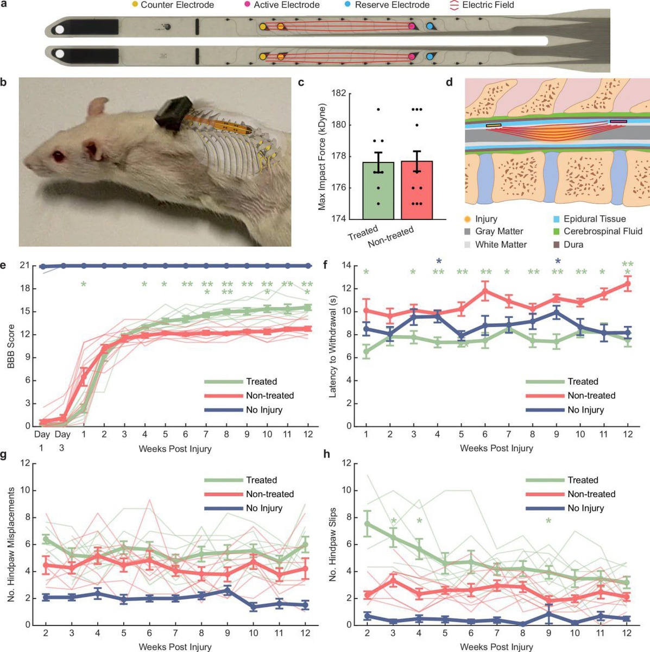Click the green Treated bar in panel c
[x=378, y=190]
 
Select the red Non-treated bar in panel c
[x=416, y=190]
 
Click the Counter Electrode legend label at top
[x=177, y=5]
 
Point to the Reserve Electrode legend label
[x=392, y=5]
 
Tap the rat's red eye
[x=56, y=156]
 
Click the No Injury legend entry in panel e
[x=264, y=410]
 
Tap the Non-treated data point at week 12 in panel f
[x=628, y=284]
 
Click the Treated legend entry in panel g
[x=261, y=480]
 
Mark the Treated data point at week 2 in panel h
[x=368, y=524]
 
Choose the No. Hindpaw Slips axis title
[x=333, y=544]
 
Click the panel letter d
[x=449, y=83]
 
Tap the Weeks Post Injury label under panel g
[x=175, y=647]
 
